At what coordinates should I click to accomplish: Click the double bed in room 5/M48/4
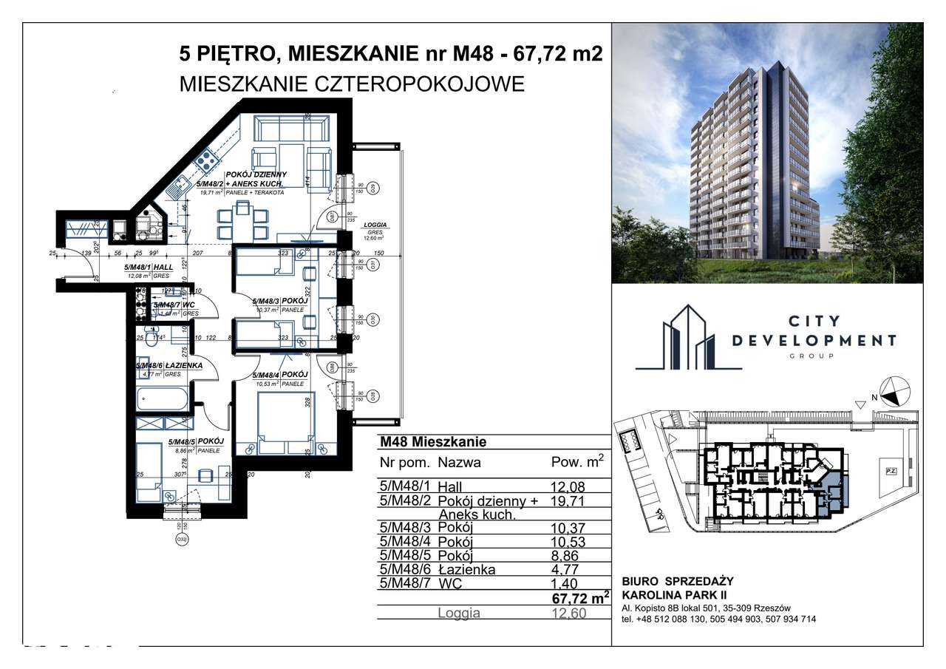[x=285, y=425]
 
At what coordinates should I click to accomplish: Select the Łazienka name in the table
[x=466, y=569]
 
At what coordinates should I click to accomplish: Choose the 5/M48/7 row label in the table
[x=404, y=584]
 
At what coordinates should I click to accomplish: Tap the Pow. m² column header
[x=577, y=463]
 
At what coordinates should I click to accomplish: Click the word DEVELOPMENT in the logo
[x=814, y=340]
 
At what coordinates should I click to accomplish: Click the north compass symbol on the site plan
[x=892, y=391]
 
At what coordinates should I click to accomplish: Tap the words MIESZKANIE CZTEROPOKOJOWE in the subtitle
[x=352, y=84]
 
